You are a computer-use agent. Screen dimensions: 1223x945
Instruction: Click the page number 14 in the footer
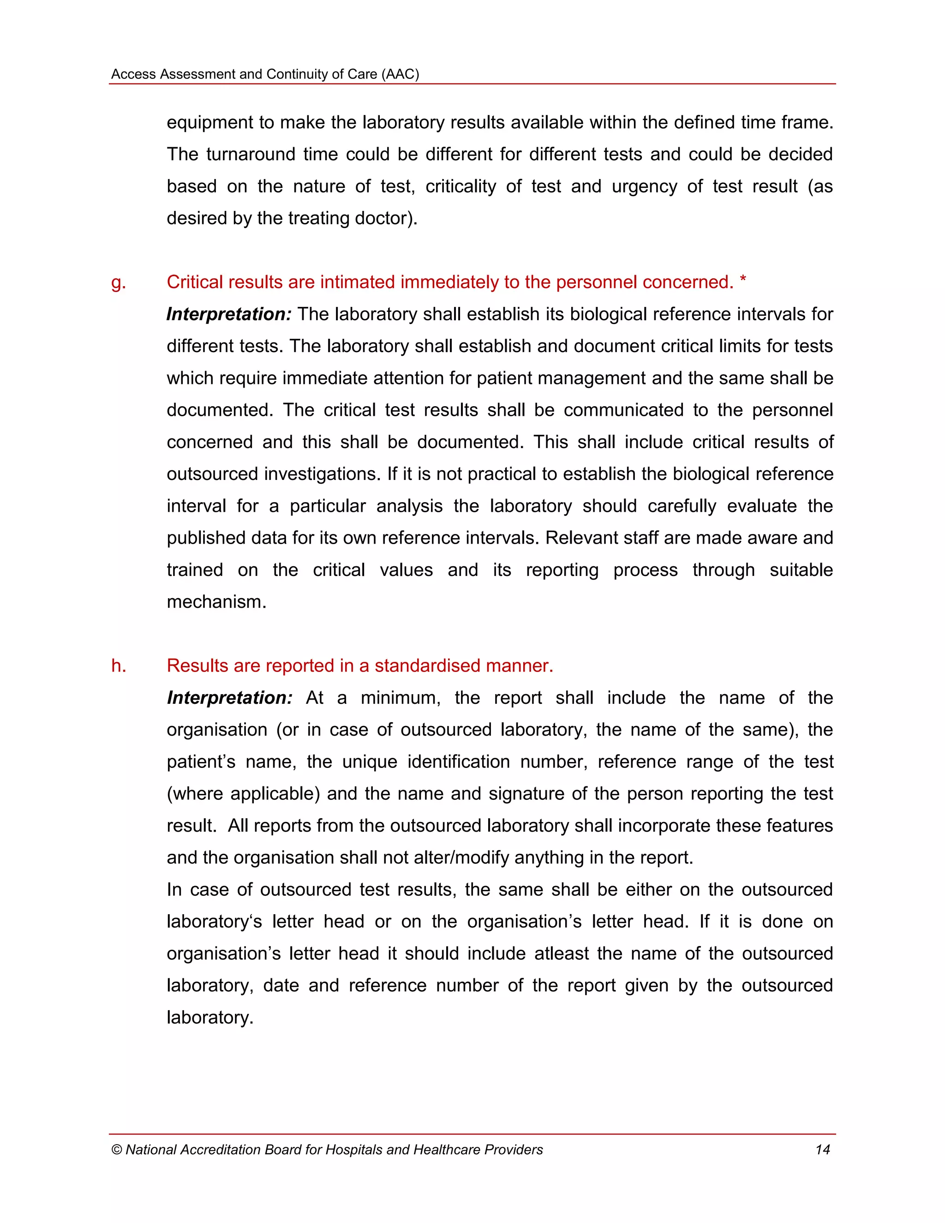pos(822,1150)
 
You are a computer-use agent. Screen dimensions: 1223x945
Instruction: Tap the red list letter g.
pos(118,282)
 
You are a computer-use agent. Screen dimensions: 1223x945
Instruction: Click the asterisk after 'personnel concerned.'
pos(742,281)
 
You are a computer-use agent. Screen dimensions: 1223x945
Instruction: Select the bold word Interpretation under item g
pos(228,314)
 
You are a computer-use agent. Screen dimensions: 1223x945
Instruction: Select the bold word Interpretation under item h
pos(229,698)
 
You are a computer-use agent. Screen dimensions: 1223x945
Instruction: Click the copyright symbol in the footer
pos(116,1150)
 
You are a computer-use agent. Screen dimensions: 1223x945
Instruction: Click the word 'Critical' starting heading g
pos(197,282)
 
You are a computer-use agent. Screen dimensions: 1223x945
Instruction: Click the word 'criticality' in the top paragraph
pos(461,186)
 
